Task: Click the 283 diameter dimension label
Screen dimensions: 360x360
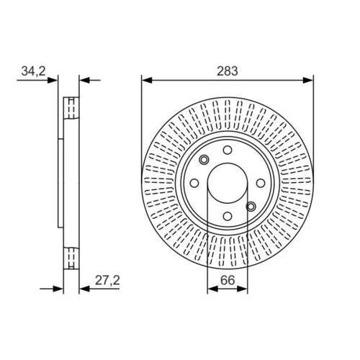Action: (x=228, y=71)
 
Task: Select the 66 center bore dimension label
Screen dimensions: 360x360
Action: (x=228, y=280)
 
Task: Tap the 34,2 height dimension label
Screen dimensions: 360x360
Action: (x=33, y=71)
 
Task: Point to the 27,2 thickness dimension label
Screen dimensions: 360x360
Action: (x=107, y=280)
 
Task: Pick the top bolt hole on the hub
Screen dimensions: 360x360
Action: (x=228, y=150)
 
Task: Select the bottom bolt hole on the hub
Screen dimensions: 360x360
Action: (x=228, y=216)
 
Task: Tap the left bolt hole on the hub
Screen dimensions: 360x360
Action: (x=194, y=183)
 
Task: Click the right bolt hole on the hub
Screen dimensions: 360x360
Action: (x=261, y=183)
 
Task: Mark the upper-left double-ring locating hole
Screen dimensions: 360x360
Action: (x=204, y=160)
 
